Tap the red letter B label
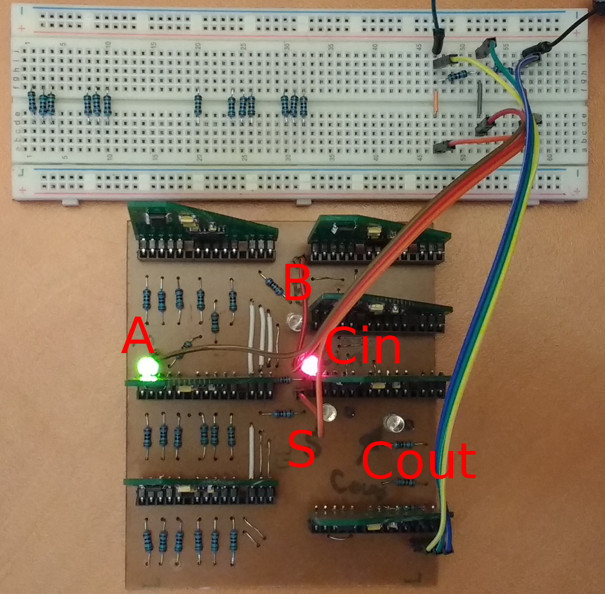(297, 282)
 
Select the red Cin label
(362, 347)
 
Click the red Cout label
(418, 461)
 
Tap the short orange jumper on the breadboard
(435, 102)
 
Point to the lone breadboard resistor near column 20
(197, 105)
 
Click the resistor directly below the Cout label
(404, 483)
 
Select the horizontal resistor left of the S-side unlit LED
(284, 413)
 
